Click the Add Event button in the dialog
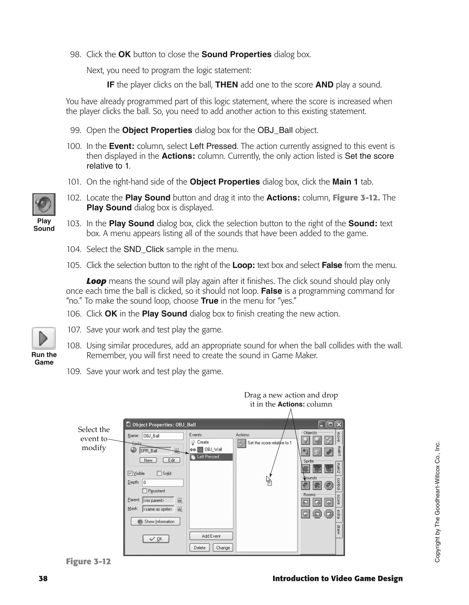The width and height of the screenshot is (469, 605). click(211, 536)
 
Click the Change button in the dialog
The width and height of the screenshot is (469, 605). click(222, 548)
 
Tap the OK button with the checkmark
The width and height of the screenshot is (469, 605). click(156, 539)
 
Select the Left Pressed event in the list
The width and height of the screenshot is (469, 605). click(211, 457)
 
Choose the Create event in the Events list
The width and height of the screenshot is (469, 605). click(203, 442)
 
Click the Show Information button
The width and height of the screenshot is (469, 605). click(156, 522)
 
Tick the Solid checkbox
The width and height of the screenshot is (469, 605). click(159, 473)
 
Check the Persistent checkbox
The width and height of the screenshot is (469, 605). click(145, 491)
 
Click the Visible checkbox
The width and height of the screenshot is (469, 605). click(130, 473)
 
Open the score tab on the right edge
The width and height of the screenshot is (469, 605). click(338, 499)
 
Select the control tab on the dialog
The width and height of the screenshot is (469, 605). click(338, 484)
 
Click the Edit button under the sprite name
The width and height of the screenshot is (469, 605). click(171, 460)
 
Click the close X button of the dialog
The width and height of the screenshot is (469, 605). click(339, 424)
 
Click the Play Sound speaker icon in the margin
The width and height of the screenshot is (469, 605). click(44, 204)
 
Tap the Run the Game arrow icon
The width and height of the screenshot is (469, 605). click(44, 338)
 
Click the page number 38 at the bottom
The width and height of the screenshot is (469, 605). click(43, 579)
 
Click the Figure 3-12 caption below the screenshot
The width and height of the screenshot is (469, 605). click(88, 561)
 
